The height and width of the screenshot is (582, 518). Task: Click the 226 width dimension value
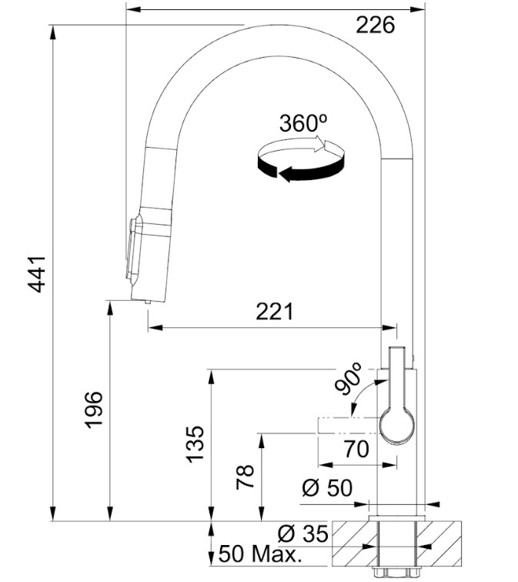tap(375, 25)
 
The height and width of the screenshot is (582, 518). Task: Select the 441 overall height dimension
tap(37, 274)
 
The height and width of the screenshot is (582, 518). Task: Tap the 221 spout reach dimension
tap(274, 311)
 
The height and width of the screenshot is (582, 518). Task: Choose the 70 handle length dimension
tap(356, 449)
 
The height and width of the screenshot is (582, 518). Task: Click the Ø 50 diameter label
tap(326, 488)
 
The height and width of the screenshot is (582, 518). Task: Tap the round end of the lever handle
tap(396, 426)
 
